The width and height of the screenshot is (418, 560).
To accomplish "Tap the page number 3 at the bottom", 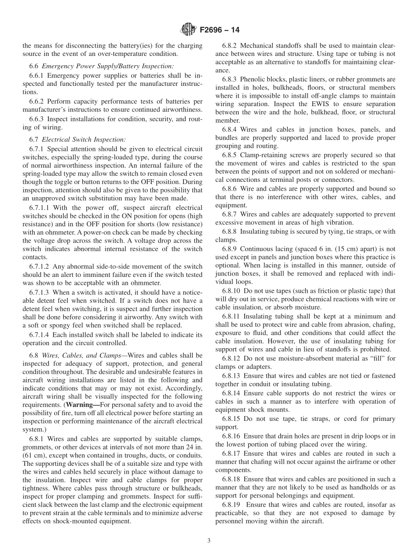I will [209, 541].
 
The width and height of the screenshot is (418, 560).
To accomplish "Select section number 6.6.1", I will [37, 75].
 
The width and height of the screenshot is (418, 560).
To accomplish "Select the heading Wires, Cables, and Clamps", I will [80, 355].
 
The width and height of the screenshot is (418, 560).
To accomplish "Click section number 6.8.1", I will [37, 438].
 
